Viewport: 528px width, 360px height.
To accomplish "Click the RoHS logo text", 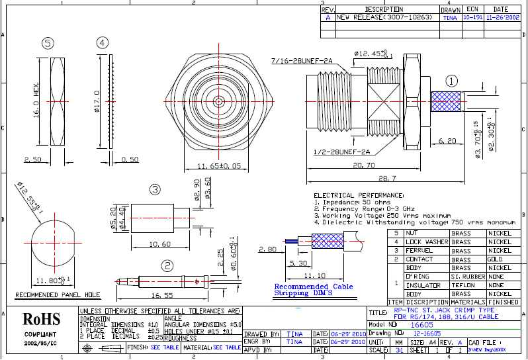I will pyautogui.click(x=42, y=319).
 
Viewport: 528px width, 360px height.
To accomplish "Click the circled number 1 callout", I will pyautogui.click(x=451, y=81).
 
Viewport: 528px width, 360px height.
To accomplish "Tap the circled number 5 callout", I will pyautogui.click(x=47, y=43).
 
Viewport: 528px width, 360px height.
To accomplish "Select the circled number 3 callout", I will pyautogui.click(x=154, y=190).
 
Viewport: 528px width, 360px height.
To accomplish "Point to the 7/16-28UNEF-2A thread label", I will pyautogui.click(x=303, y=61).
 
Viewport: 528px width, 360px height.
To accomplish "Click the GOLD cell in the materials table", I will pyautogui.click(x=495, y=259).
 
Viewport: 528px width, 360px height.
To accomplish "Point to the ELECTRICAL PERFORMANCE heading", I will pyautogui.click(x=358, y=196).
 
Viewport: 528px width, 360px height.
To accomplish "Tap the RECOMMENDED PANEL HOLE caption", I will pyautogui.click(x=58, y=295).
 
